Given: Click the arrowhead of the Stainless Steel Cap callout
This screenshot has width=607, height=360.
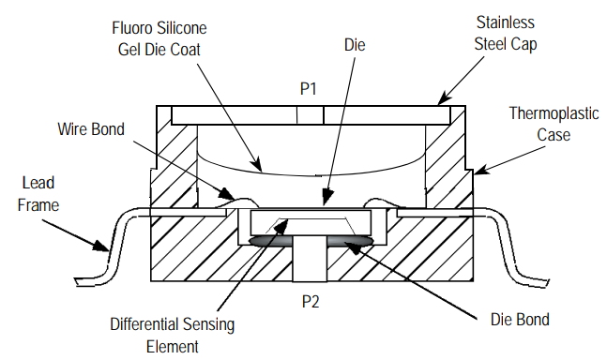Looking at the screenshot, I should coord(440,100).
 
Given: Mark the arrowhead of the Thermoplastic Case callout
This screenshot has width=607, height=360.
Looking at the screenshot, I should coord(474,172).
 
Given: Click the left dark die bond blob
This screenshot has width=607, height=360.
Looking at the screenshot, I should coord(271,243).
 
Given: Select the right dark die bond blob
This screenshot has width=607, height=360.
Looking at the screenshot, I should coord(349,243).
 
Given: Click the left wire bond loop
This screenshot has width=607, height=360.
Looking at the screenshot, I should coord(234,198).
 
